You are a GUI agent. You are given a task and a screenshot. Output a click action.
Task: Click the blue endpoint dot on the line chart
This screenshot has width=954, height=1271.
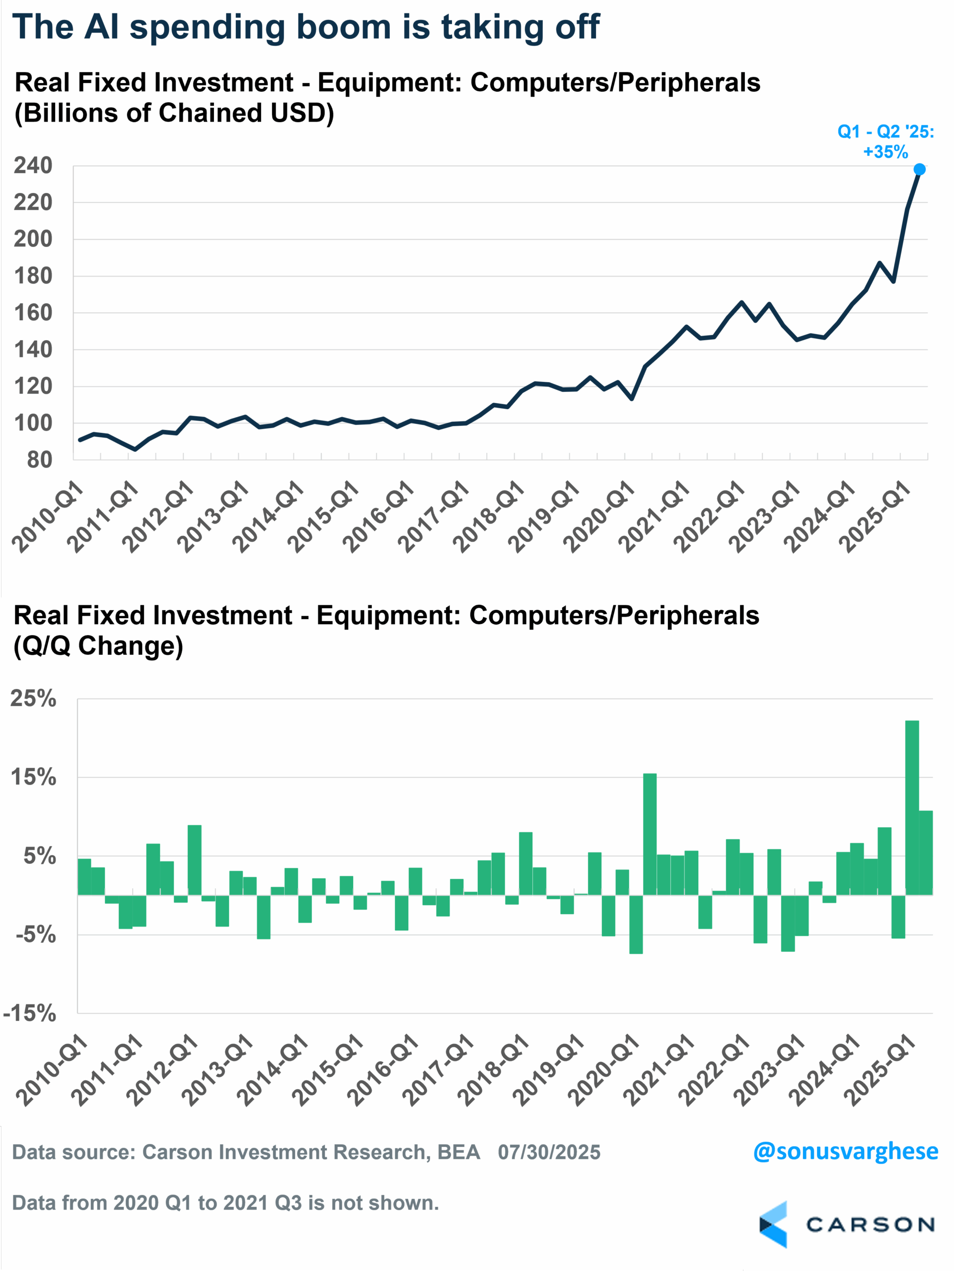pos(920,169)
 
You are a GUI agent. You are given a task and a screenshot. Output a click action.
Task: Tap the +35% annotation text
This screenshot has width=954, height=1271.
pos(885,152)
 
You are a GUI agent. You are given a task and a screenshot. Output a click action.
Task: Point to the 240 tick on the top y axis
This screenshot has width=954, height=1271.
pos(33,166)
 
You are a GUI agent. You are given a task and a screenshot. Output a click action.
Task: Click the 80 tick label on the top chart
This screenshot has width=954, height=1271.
pos(39,460)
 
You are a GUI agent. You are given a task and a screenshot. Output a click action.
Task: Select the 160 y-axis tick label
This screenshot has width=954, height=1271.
pos(33,313)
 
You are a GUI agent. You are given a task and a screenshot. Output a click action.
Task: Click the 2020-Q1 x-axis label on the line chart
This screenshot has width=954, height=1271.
pos(599,517)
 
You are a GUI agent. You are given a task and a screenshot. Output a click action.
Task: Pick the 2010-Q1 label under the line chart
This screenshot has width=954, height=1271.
pos(49,517)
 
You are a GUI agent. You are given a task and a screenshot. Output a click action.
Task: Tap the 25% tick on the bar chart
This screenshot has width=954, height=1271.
pos(33,699)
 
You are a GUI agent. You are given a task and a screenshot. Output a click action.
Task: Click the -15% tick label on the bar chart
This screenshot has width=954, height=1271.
pos(30,1013)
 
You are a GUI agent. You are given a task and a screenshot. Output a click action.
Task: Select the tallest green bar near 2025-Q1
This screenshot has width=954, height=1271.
pos(912,807)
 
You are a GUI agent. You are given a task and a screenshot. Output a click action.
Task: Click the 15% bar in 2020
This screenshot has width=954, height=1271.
pos(650,834)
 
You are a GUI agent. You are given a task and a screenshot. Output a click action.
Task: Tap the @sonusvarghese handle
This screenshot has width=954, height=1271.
pos(845,1151)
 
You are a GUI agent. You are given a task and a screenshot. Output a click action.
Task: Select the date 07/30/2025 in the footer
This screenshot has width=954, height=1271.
pos(549,1152)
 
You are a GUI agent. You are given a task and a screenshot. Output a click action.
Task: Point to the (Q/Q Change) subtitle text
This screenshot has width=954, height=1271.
pos(98,646)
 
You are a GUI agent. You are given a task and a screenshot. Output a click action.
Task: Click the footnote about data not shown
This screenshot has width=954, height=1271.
pos(225,1202)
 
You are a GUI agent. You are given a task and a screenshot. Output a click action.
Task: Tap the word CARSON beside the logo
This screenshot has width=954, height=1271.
pos(870,1225)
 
